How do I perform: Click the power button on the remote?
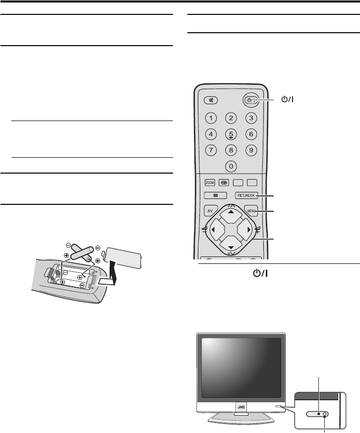[x=251, y=100]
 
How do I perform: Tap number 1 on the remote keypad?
[x=211, y=118]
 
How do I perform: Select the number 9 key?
[x=251, y=149]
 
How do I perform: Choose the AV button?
[x=209, y=210]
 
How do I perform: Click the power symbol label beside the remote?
[x=287, y=100]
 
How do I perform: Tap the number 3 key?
[x=251, y=118]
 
